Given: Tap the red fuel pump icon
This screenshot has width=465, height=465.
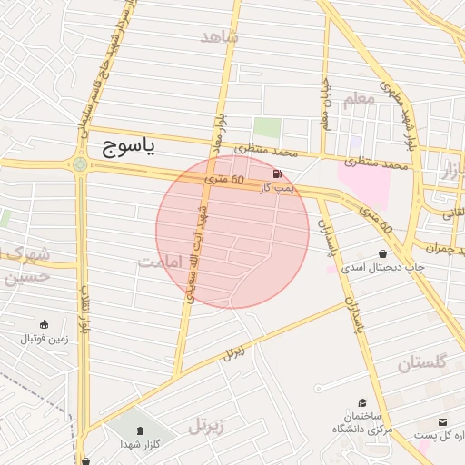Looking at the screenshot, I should click(276, 173).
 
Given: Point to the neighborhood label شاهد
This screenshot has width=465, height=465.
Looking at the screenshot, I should click(221, 36).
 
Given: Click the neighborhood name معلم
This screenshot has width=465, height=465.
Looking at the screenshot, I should click(360, 98).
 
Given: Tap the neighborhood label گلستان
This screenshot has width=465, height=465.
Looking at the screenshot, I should click(422, 363).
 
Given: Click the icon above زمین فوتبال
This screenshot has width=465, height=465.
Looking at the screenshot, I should click(44, 324).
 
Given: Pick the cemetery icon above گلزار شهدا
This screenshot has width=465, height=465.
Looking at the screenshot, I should click(140, 430).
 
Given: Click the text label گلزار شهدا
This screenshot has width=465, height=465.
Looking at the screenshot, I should click(140, 445).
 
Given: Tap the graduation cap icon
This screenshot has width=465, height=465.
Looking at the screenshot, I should click(361, 402).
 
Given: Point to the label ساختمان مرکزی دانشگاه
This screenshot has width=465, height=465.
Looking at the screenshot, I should click(361, 421).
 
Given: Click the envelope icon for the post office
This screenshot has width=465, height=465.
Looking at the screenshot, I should click(442, 422).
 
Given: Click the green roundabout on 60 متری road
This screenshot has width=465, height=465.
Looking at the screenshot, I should click(81, 164).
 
